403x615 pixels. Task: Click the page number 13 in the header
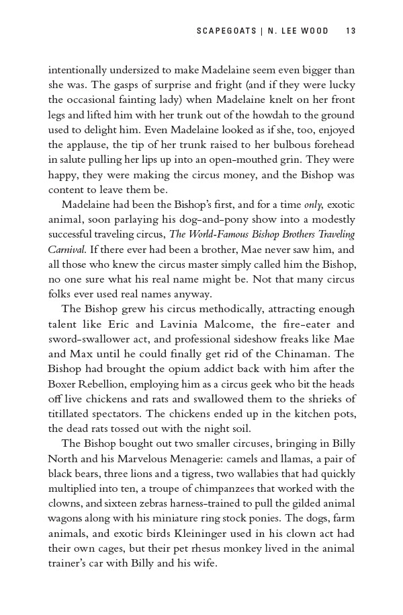(x=350, y=30)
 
